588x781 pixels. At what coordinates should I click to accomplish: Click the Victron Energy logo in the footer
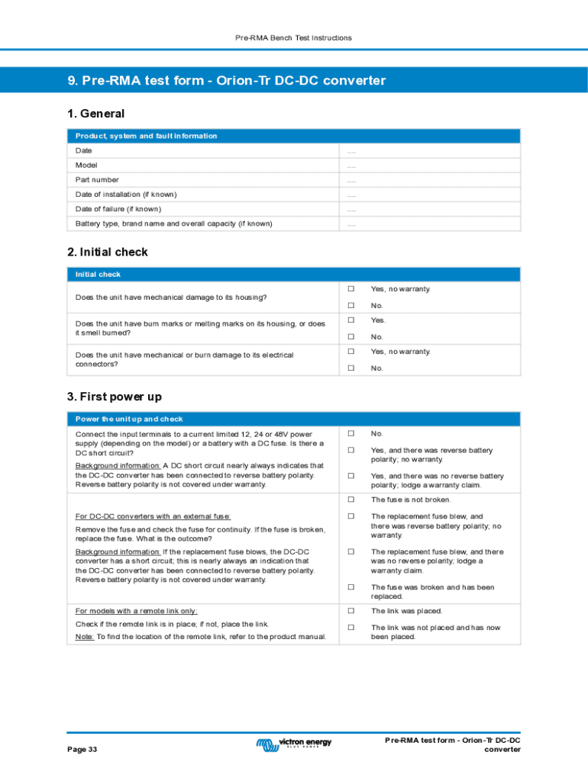(x=294, y=743)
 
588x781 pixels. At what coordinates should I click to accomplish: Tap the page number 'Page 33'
(x=82, y=750)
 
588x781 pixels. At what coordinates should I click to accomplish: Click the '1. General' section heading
(x=95, y=114)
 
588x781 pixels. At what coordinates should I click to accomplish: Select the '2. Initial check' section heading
(x=108, y=252)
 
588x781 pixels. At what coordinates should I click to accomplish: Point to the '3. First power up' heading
(x=115, y=397)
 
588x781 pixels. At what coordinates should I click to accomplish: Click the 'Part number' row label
(x=97, y=180)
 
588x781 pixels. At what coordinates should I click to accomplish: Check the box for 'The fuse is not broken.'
(x=352, y=500)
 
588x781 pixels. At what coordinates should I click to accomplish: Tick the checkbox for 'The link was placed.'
(x=352, y=611)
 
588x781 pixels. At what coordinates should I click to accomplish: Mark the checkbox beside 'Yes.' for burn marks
(x=352, y=320)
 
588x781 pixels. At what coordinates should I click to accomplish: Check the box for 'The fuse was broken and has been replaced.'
(x=352, y=587)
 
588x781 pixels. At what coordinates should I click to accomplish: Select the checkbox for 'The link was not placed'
(x=352, y=628)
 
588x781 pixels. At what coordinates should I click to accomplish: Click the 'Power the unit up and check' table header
(x=129, y=419)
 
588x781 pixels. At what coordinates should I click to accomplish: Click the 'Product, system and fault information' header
(x=146, y=136)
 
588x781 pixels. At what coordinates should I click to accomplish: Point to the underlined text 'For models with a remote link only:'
(x=136, y=611)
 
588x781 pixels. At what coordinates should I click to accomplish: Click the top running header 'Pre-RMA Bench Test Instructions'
(x=294, y=37)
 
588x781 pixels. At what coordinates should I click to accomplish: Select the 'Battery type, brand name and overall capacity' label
(x=173, y=223)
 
